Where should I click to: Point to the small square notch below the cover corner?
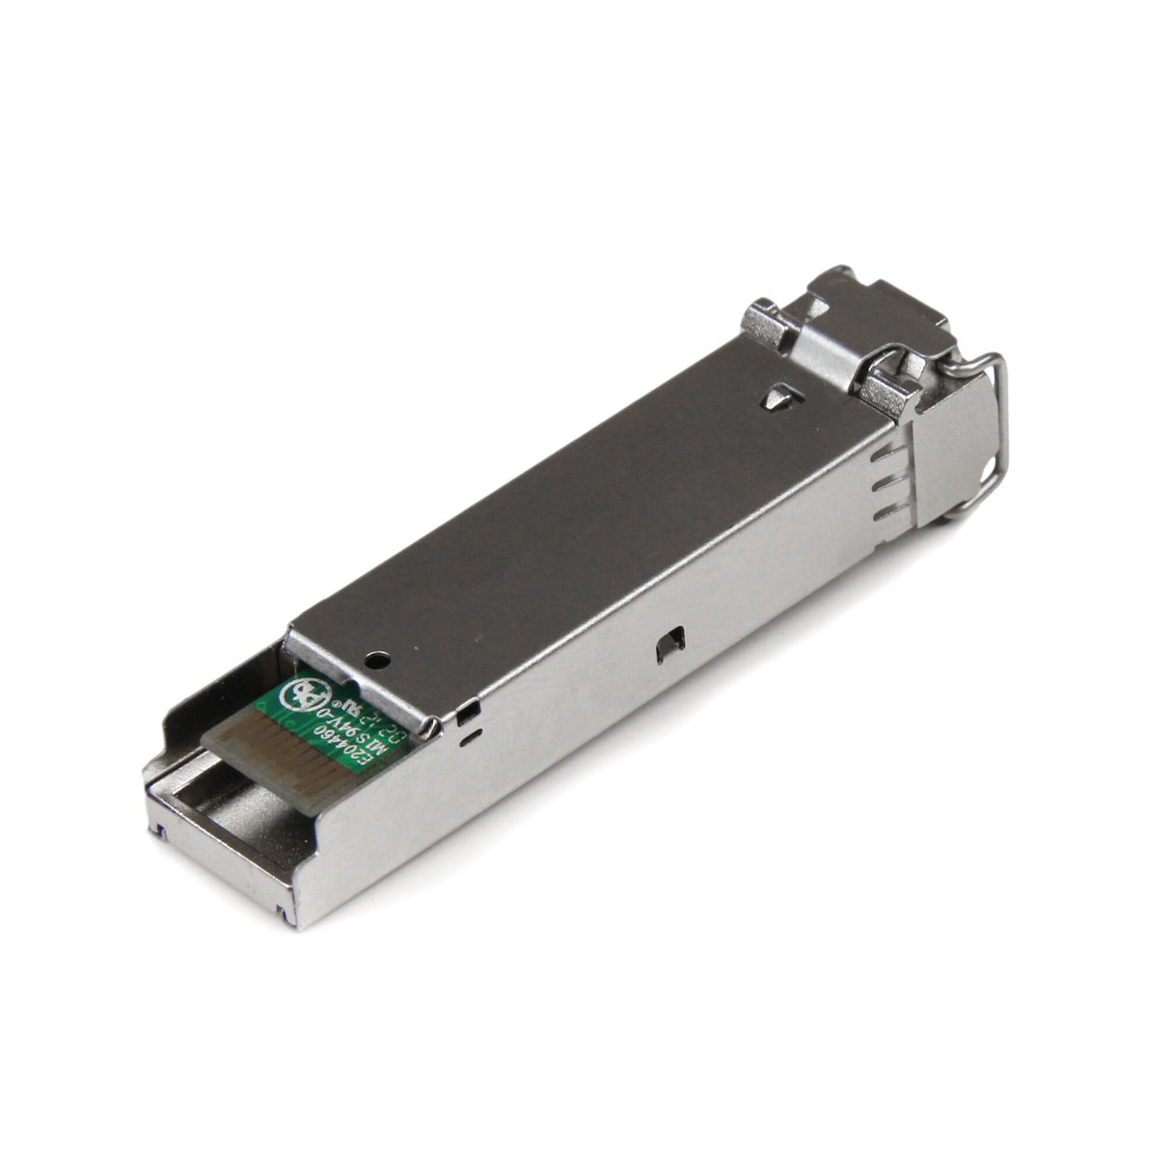click(469, 715)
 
